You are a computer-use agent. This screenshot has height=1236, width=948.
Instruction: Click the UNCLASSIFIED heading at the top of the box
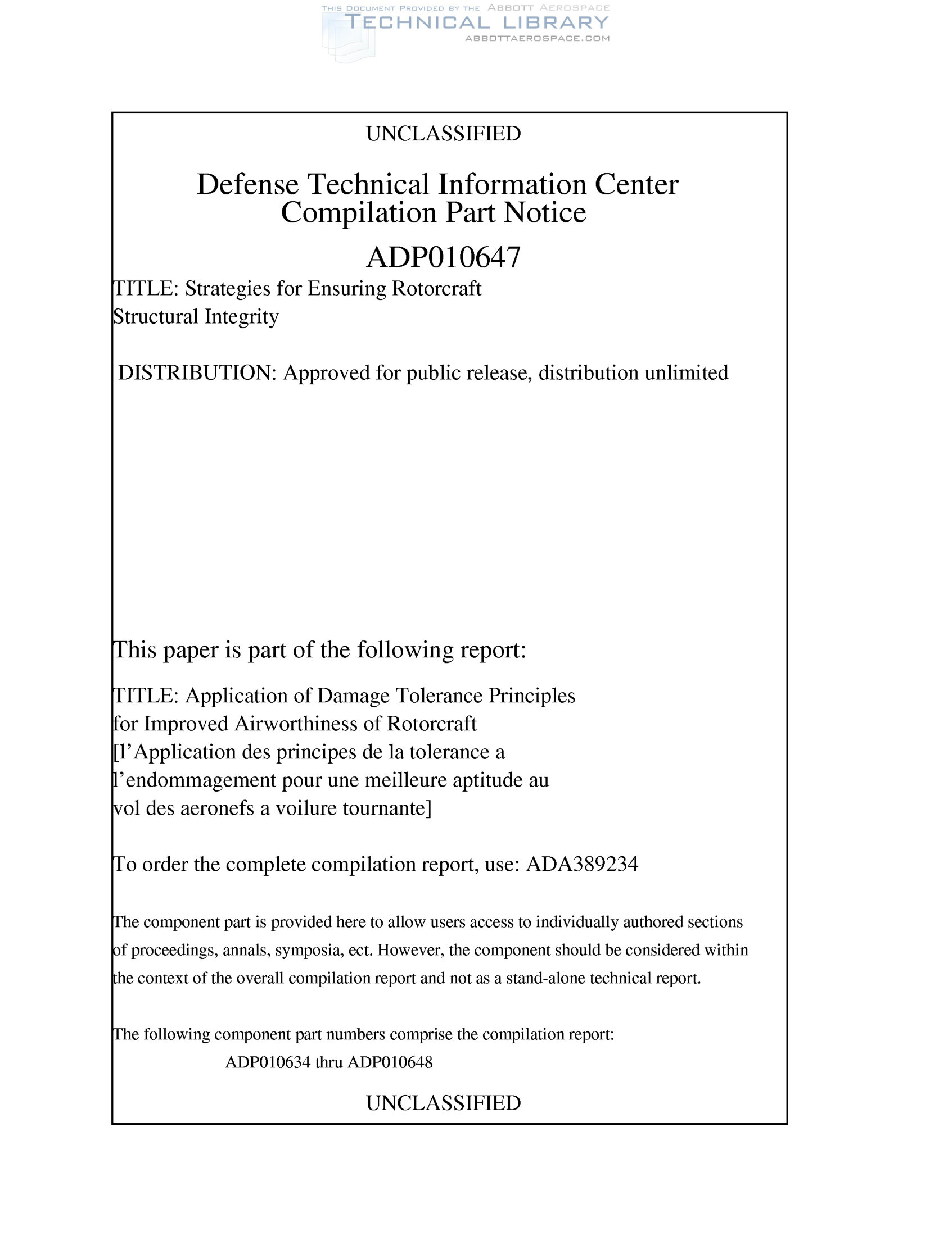pyautogui.click(x=443, y=134)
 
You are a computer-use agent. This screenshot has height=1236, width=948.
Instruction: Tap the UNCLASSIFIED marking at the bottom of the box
pyautogui.click(x=443, y=1102)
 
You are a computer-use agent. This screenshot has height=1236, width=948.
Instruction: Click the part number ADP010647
pyautogui.click(x=443, y=257)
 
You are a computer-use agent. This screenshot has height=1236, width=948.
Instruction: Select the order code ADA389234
pyautogui.click(x=582, y=864)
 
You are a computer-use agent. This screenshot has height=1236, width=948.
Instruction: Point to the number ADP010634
pyautogui.click(x=268, y=1062)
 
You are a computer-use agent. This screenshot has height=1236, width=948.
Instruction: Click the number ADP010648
pyautogui.click(x=390, y=1062)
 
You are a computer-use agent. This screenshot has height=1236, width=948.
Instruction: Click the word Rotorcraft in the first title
pyautogui.click(x=436, y=288)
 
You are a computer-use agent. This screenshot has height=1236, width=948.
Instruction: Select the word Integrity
pyautogui.click(x=242, y=317)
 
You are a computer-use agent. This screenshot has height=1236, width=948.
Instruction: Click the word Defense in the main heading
pyautogui.click(x=247, y=184)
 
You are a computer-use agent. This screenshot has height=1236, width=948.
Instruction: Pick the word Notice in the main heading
pyautogui.click(x=544, y=213)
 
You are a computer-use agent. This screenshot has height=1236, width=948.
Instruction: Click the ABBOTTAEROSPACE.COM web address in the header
pyautogui.click(x=536, y=38)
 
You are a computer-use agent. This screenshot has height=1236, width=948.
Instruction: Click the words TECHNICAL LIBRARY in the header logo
pyautogui.click(x=477, y=22)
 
